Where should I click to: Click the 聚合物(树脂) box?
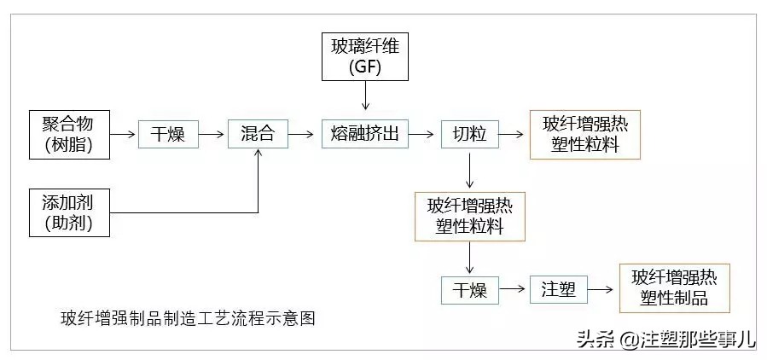pyautogui.click(x=70, y=134)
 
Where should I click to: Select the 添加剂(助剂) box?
pyautogui.click(x=70, y=212)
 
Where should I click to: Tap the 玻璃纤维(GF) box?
pyautogui.click(x=365, y=57)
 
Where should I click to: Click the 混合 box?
pyautogui.click(x=258, y=134)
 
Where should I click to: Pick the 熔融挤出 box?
pyautogui.click(x=365, y=134)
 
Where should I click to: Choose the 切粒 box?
pyautogui.click(x=469, y=134)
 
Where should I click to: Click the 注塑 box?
pyautogui.click(x=558, y=290)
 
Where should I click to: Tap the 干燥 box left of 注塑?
pyautogui.click(x=469, y=290)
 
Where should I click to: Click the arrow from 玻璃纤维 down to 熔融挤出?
pyautogui.click(x=365, y=98)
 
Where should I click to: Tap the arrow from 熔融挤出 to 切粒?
pyautogui.click(x=425, y=134)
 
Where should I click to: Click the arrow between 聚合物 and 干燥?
pyautogui.click(x=125, y=134)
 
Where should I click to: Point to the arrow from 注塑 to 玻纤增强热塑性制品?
pyautogui.click(x=601, y=290)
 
